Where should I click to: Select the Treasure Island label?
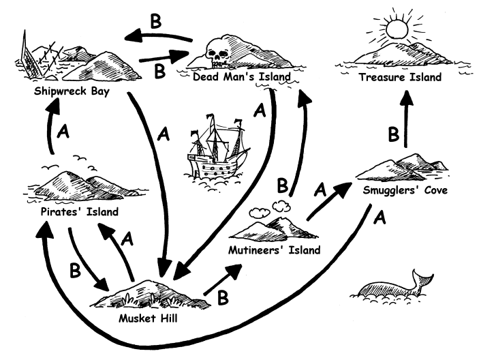[x=401, y=78]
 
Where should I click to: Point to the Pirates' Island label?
[x=75, y=211]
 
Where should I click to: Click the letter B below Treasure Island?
[x=393, y=134]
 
